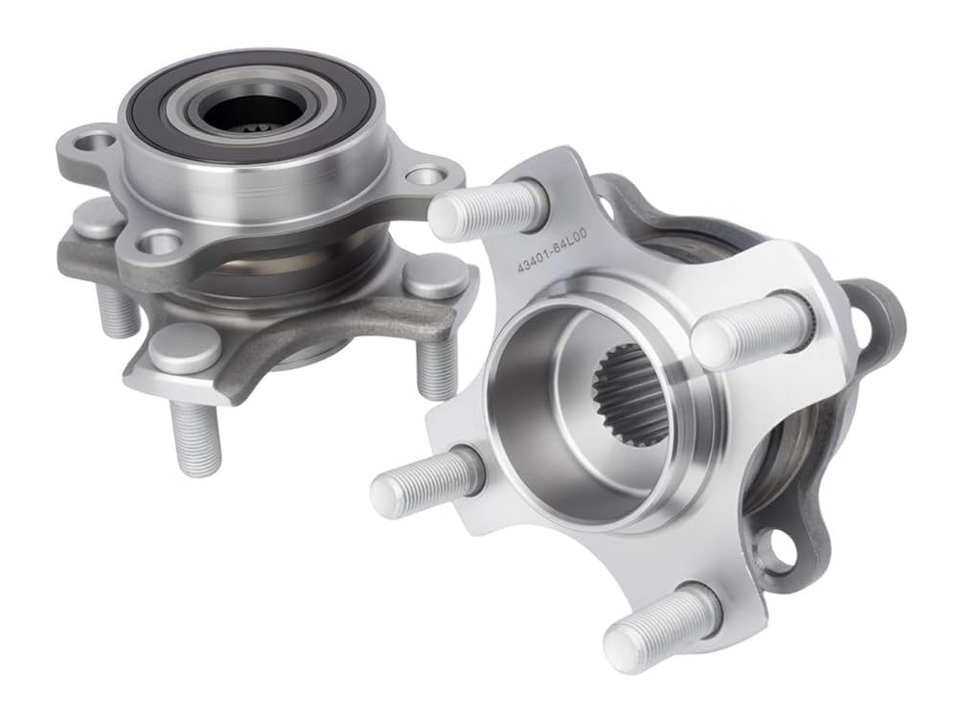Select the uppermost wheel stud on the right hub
(484, 212)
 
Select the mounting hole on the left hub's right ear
(424, 176)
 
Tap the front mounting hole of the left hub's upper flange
(163, 243)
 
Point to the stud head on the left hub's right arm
(432, 276)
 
